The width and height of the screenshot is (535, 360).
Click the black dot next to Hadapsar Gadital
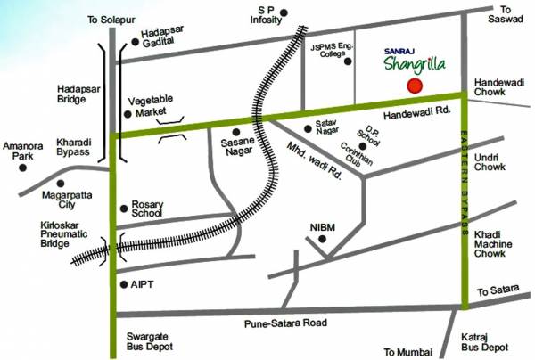coord(135,40)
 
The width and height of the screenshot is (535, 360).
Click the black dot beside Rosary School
coord(123,209)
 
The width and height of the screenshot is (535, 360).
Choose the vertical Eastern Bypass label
coord(465,183)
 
